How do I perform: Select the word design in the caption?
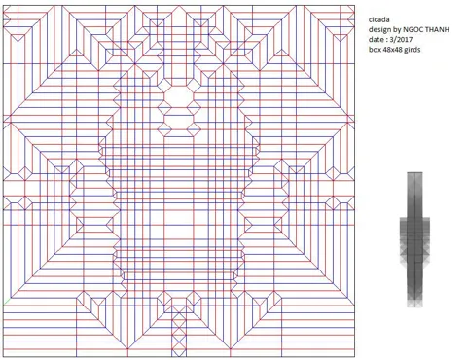coord(379,29)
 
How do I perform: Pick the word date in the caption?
coord(376,39)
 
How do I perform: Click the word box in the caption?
coord(375,50)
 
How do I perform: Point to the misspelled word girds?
coord(413,50)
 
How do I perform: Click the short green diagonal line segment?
coord(7,302)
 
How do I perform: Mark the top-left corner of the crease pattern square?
coord(3,5)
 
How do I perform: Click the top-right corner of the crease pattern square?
coord(355,5)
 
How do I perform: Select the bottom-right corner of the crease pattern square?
coord(355,357)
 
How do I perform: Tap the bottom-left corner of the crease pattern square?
coord(3,357)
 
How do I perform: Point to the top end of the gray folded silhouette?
coord(414,172)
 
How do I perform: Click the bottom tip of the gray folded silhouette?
coord(414,306)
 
